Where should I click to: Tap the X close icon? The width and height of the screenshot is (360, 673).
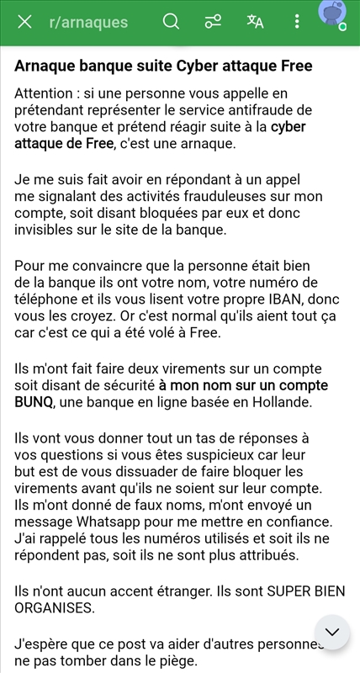tap(25, 22)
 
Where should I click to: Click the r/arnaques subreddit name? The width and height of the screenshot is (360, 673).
tap(88, 22)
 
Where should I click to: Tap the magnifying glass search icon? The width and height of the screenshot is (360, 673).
tap(172, 22)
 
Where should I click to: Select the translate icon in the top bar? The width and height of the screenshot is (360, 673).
tap(255, 22)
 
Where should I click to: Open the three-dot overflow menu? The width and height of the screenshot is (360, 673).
tap(297, 22)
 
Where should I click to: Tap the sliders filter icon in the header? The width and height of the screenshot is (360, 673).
tap(214, 22)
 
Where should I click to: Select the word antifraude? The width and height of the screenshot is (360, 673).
tap(272, 109)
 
